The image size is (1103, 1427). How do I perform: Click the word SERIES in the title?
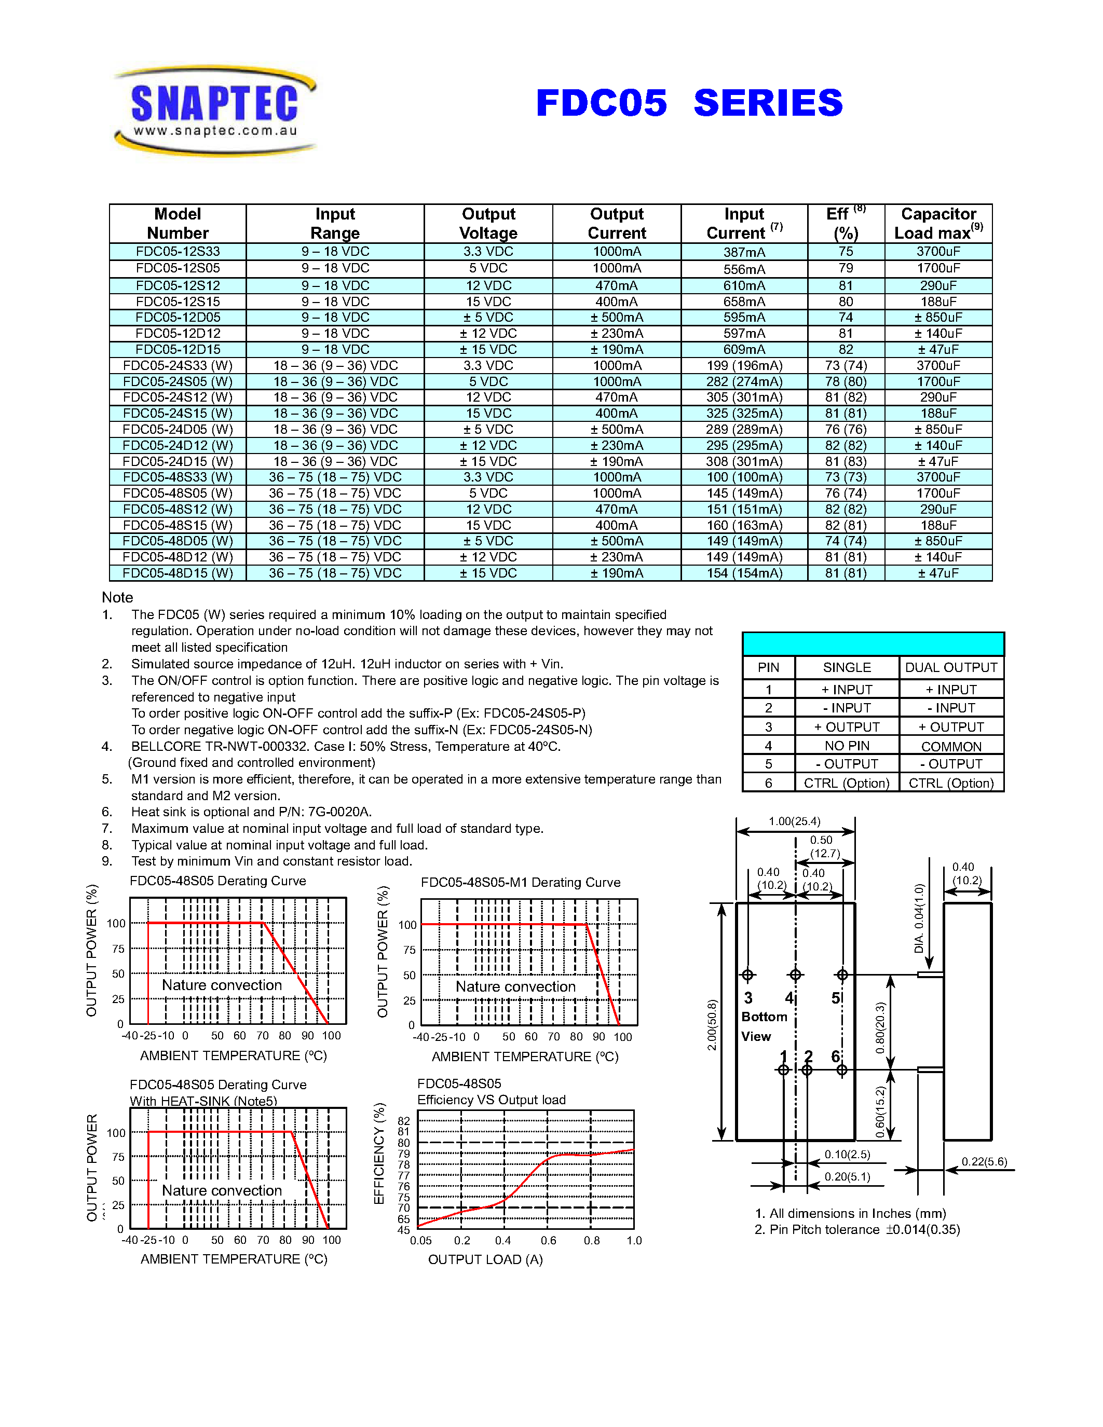tap(768, 103)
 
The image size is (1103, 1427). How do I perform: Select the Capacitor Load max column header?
tap(938, 224)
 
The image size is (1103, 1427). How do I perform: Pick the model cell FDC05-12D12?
tap(178, 333)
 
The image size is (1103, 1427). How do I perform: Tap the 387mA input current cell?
tap(744, 252)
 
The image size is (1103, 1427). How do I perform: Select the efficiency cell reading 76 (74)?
tap(846, 493)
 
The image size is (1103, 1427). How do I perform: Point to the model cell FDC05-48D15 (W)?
tap(178, 573)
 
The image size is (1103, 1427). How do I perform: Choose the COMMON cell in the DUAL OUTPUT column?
tap(951, 746)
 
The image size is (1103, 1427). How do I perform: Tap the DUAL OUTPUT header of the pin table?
tap(951, 667)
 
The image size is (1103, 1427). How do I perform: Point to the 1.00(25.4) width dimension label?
tap(794, 821)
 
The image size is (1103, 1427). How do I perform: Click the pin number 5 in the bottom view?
tap(836, 998)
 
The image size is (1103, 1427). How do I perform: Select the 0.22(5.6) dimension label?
tap(984, 1162)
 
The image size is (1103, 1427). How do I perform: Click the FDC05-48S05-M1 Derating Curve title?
tap(520, 882)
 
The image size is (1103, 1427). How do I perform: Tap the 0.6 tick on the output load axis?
tap(548, 1240)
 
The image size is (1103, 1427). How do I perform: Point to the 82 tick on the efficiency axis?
tap(404, 1120)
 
